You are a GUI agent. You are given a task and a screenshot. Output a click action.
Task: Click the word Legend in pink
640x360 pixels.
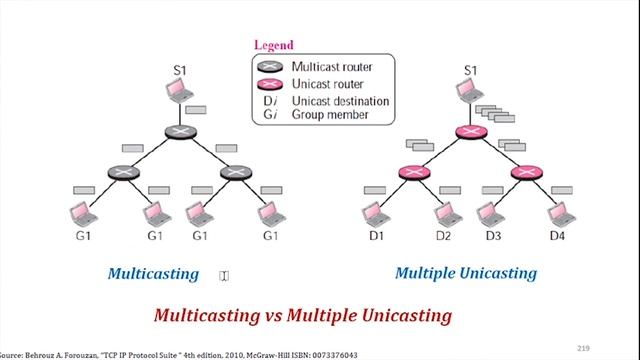(x=273, y=45)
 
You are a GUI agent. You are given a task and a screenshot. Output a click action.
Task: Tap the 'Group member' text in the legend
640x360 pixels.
(x=329, y=115)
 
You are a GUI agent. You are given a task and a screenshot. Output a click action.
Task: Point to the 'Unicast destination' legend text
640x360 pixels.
(x=341, y=100)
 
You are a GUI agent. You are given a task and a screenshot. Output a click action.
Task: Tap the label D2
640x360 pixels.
(x=444, y=236)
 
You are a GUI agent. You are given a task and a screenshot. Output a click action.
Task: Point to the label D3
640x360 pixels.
(x=493, y=236)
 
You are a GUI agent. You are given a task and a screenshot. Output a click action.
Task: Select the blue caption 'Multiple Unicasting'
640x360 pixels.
(x=465, y=273)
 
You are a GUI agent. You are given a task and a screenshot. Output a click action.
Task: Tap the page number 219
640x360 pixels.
(x=584, y=347)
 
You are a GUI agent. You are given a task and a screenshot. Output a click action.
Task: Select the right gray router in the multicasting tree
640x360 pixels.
(x=234, y=172)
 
